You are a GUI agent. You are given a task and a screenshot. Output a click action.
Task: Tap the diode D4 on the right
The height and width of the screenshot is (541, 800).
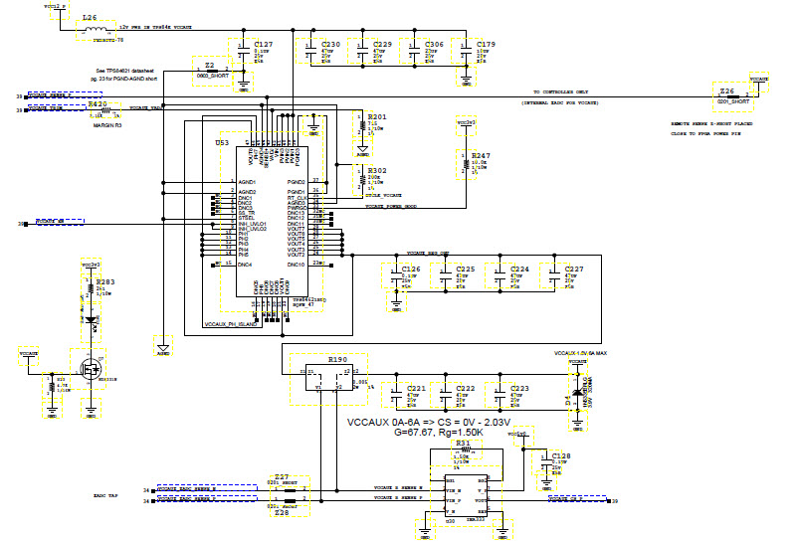point(574,389)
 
